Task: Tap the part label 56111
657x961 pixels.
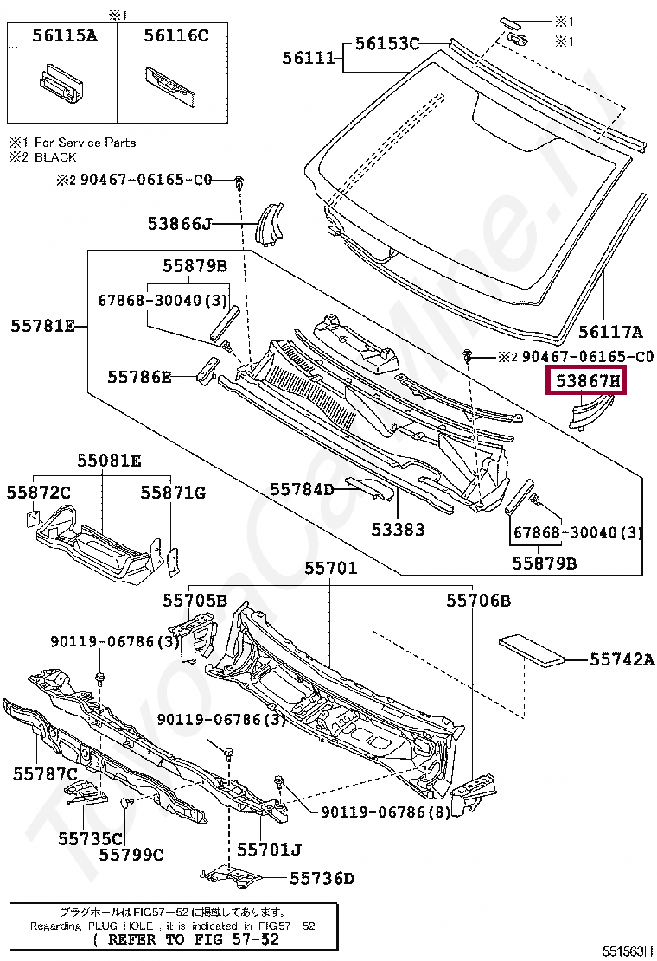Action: pos(308,57)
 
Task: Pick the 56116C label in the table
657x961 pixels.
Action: pos(175,35)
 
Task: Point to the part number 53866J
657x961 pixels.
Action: pos(179,224)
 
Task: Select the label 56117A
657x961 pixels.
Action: pos(610,331)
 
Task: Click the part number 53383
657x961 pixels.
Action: pos(399,528)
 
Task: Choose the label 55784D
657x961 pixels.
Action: pos(302,489)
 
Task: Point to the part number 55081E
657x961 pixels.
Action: pos(109,461)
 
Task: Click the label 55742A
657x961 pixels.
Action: pos(622,659)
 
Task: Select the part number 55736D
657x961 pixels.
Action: pos(322,879)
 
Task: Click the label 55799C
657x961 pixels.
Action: pos(131,855)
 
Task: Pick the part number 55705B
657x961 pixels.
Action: pos(195,600)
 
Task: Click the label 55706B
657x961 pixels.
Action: pos(478,600)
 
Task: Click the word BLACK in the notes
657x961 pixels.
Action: pos(55,157)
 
